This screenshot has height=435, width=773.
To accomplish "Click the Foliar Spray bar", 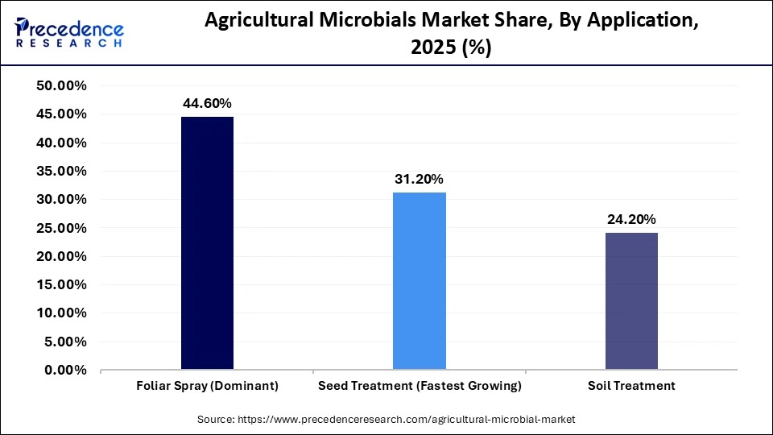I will (x=207, y=243).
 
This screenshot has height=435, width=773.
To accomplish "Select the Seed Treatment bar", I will (x=419, y=281).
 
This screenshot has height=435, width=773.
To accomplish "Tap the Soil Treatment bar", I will (x=631, y=301).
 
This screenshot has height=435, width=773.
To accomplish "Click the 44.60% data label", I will (x=207, y=103).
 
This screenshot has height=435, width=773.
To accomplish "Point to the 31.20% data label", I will (x=419, y=179).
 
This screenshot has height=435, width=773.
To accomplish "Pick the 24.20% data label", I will (x=631, y=219).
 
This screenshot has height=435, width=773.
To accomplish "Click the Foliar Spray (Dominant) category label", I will (x=207, y=386).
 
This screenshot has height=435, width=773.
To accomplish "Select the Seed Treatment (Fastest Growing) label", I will (x=419, y=386).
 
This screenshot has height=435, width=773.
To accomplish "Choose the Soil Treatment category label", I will (x=631, y=386).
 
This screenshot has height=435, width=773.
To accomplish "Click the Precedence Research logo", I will (x=69, y=33).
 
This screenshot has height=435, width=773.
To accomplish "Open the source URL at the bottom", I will (x=386, y=420).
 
